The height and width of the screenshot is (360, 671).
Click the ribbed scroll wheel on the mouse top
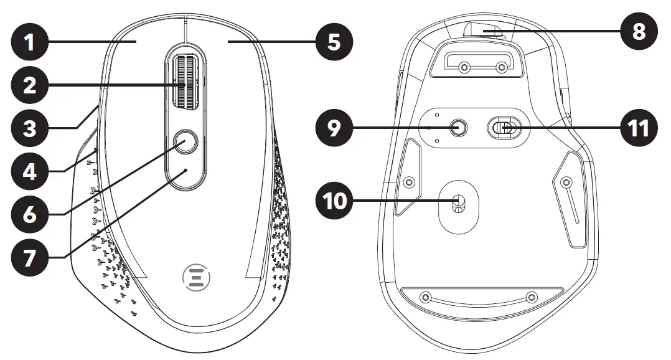[184, 82]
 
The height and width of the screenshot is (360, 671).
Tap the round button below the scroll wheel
[184, 143]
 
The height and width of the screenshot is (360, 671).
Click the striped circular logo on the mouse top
[194, 277]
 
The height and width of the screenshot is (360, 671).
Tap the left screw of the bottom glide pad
[425, 297]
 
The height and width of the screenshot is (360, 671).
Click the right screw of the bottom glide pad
[531, 297]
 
